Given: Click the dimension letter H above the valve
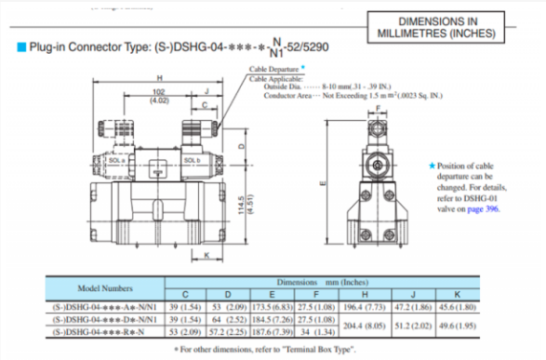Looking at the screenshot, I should point(161,78).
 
